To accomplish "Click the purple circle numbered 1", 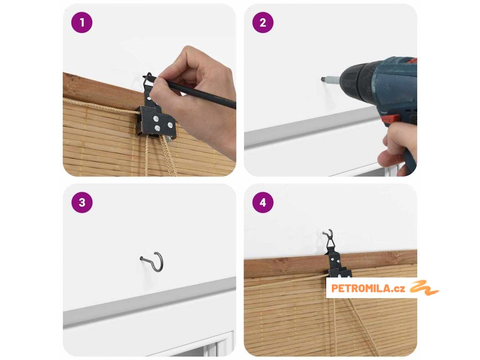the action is pyautogui.click(x=82, y=22).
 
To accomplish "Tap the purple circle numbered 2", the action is pyautogui.click(x=263, y=22).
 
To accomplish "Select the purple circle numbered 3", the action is pyautogui.click(x=82, y=202).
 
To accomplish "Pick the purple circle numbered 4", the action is pyautogui.click(x=263, y=202).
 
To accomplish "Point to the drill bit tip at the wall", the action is pyautogui.click(x=322, y=79).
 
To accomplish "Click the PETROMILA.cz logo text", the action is pyautogui.click(x=368, y=288).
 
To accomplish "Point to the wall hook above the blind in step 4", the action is pyautogui.click(x=328, y=233).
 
